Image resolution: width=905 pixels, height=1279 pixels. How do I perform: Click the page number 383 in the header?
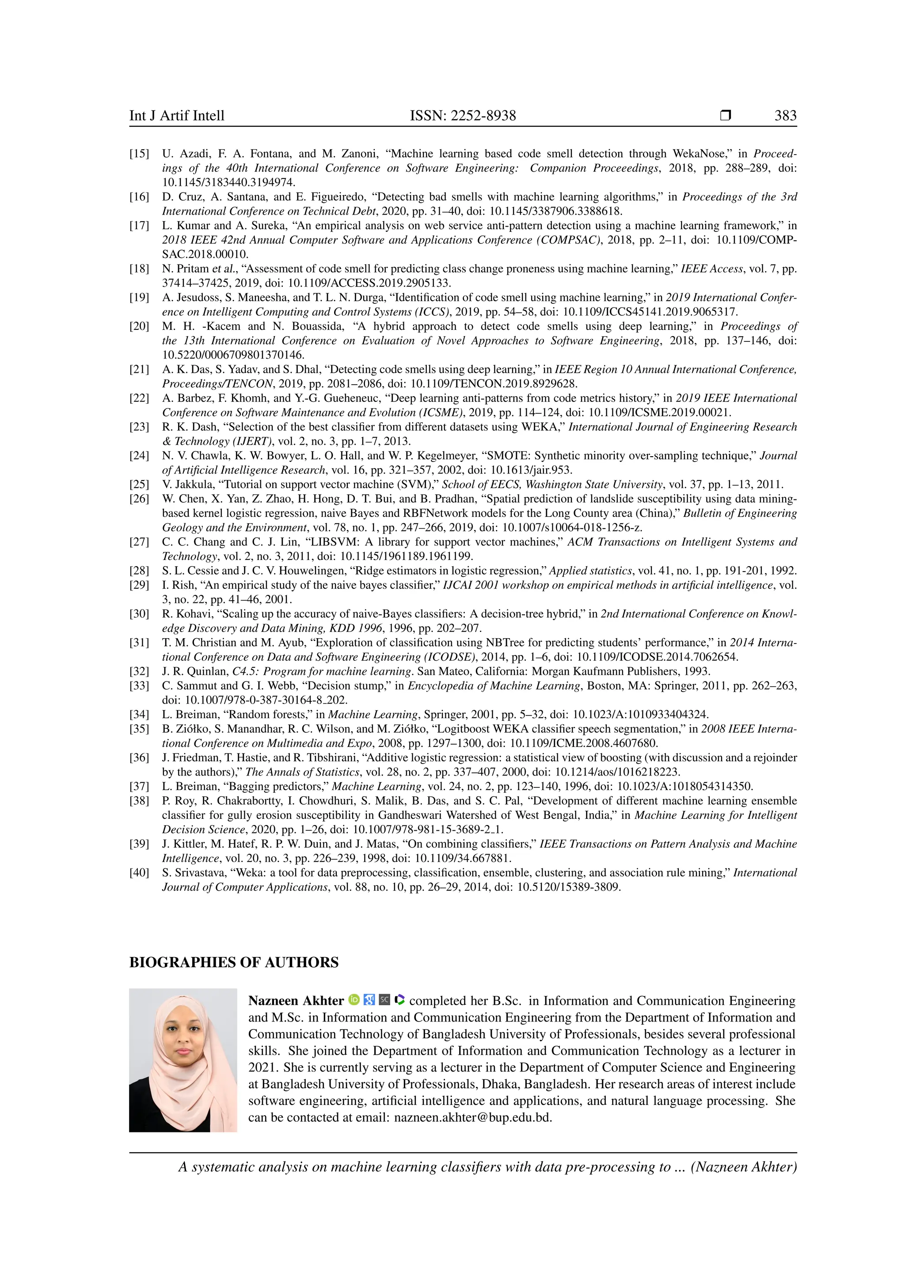coord(785,116)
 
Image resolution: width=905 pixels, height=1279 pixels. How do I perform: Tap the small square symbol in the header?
coord(725,116)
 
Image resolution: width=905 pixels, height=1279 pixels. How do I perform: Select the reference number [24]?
coord(139,456)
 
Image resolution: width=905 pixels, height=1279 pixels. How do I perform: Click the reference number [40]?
coord(139,873)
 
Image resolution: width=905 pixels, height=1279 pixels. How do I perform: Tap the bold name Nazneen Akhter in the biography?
coord(296,1001)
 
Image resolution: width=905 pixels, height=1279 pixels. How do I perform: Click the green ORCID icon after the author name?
coord(354,1000)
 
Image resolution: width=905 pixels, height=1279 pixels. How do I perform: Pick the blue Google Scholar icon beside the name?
coord(369,1000)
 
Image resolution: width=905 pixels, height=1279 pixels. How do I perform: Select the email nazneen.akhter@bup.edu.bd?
coord(472,1117)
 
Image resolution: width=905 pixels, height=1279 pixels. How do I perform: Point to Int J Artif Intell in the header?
coord(177,116)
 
